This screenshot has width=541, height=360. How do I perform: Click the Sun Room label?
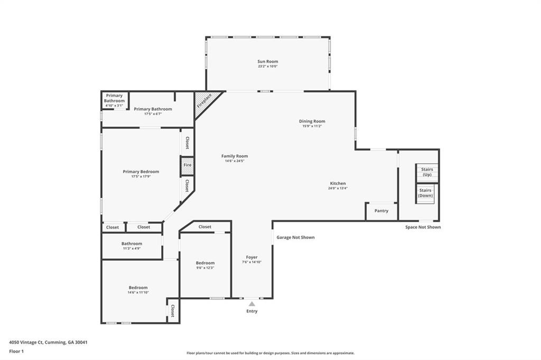coord(268,61)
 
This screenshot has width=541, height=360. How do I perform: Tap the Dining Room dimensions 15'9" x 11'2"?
coord(312,126)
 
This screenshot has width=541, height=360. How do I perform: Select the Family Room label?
coord(235,156)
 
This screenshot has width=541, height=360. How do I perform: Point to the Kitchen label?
coord(338,184)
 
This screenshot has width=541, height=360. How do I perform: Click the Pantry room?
coord(381,211)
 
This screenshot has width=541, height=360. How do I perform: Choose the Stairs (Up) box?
coord(427,173)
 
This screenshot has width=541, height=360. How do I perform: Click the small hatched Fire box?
coord(188,165)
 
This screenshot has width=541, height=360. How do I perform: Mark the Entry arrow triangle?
coord(252,304)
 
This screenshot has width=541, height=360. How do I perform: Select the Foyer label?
coord(252,257)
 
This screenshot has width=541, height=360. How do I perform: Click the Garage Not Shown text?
coord(295,237)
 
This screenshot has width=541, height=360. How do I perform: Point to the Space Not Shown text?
coord(423,227)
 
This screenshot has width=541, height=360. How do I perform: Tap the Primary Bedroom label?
coord(141,172)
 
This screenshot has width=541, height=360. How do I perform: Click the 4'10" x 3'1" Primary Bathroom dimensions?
coord(114,106)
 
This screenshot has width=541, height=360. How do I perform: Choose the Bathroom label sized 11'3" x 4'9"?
coord(132,243)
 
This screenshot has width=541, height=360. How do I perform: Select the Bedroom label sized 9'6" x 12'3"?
coord(206,263)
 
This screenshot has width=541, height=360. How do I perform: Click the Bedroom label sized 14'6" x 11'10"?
coord(138,288)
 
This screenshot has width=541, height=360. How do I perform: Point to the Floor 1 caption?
coord(16,352)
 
